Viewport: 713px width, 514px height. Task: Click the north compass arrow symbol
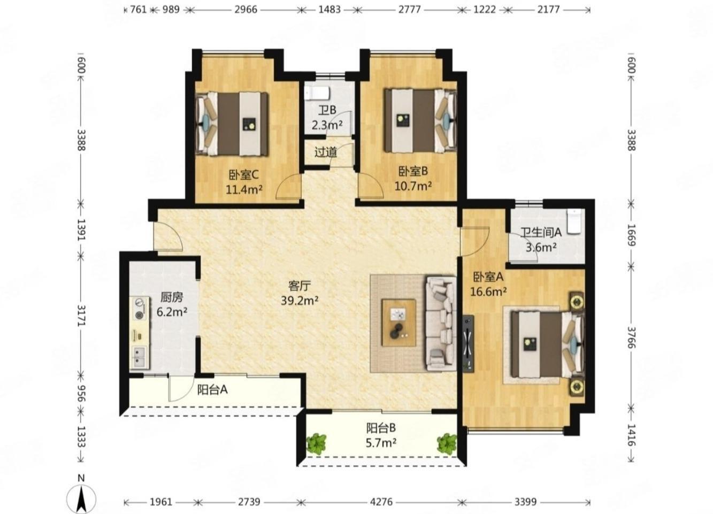[x=81, y=499]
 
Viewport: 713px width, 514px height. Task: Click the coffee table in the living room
[x=399, y=323]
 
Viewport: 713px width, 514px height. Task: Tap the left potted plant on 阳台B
[x=317, y=444]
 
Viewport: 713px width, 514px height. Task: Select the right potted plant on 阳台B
[x=447, y=443]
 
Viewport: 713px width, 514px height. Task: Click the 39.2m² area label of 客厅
[x=300, y=300]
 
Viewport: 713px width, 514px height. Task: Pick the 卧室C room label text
[x=243, y=174]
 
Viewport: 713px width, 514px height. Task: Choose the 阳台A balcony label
[x=212, y=389]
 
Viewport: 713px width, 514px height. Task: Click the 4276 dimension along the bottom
[x=381, y=502]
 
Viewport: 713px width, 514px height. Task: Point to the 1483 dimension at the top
[x=329, y=10]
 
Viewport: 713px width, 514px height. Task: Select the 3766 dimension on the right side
[x=631, y=337]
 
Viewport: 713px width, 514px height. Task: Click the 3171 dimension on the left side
[x=81, y=316]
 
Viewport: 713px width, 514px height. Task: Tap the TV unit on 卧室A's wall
[x=467, y=343]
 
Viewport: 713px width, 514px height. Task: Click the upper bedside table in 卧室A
[x=577, y=300]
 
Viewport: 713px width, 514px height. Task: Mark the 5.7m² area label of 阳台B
[x=381, y=442]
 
